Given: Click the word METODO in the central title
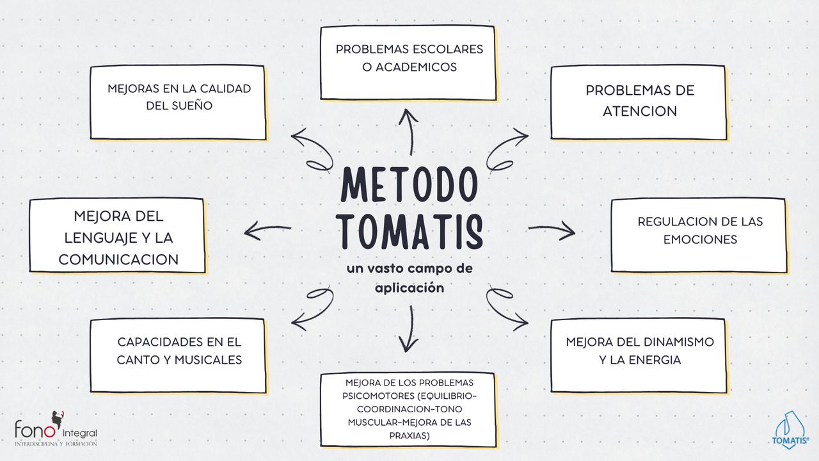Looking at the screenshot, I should coord(409,185).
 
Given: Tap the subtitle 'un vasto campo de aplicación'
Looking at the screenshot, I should coord(409,278).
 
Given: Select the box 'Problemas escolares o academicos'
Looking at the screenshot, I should coord(408,63).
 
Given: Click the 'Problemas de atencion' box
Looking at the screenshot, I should coord(639,102).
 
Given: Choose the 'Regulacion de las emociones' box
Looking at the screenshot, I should coord(699,235).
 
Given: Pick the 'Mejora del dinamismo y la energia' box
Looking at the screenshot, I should coord(639,355).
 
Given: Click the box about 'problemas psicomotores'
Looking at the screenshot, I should coord(408,409).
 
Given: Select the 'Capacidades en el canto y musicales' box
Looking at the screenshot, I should coord(178,355).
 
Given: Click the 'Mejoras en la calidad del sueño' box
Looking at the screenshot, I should coord(178,102).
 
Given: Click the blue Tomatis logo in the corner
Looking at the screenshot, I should coord(791,431).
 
